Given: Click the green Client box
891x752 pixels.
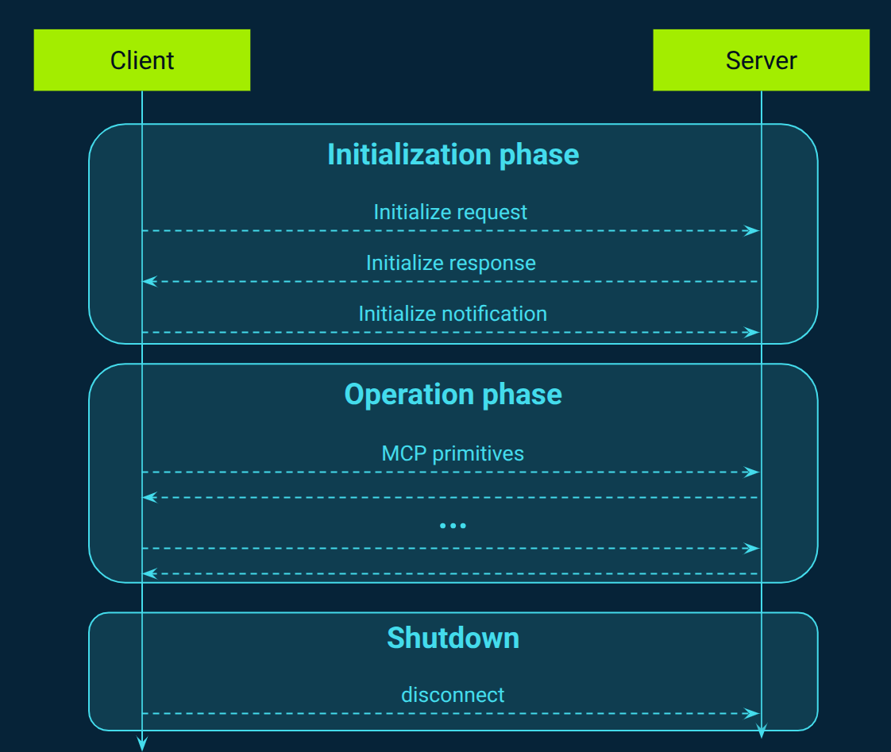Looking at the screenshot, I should [x=141, y=60].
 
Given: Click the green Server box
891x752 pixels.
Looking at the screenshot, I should [x=761, y=60].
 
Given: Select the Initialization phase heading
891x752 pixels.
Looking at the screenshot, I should [x=453, y=154].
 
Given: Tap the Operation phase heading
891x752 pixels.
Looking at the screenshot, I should [x=453, y=395].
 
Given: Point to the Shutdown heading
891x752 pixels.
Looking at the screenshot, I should [x=453, y=638].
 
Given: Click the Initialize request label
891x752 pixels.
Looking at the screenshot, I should [x=450, y=212].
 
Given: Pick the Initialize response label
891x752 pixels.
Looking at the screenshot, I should [x=450, y=263].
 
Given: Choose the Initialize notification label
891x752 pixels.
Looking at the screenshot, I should [x=452, y=314].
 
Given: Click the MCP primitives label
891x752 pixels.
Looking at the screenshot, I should [x=453, y=453].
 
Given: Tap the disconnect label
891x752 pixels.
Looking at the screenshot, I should [x=453, y=695].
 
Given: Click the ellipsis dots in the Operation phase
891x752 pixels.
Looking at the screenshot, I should [x=453, y=525].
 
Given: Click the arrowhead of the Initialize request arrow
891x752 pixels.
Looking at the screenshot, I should [x=752, y=230].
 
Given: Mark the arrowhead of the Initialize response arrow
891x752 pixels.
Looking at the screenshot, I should [x=150, y=281].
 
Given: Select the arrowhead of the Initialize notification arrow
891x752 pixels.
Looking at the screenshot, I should [x=752, y=332].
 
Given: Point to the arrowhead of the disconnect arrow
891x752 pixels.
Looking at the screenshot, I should [x=752, y=713].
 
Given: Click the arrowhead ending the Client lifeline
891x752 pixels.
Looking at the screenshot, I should [x=142, y=743].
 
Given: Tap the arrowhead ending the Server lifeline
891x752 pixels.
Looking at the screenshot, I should [x=761, y=731].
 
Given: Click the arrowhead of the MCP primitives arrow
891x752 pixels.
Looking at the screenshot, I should [x=752, y=472].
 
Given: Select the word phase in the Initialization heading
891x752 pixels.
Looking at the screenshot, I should [x=539, y=154].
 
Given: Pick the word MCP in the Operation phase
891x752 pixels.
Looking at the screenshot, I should [x=401, y=453].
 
